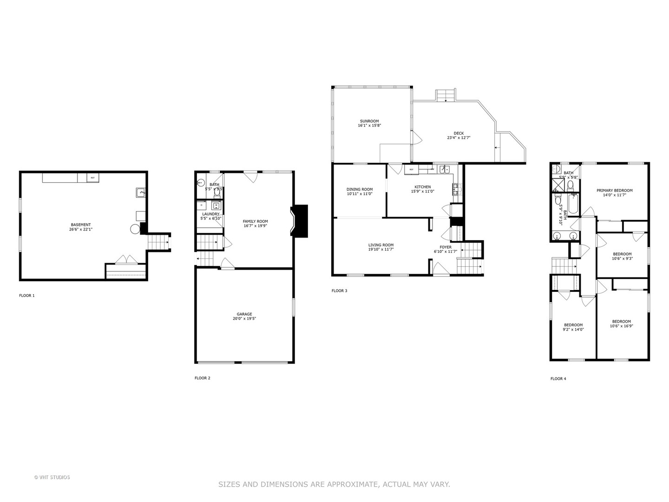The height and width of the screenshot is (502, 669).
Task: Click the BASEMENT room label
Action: (x=80, y=225)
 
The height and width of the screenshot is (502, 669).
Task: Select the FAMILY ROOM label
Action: (x=255, y=221)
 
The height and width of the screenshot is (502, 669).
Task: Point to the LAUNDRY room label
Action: (x=210, y=214)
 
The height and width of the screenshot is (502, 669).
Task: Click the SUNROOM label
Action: (x=369, y=121)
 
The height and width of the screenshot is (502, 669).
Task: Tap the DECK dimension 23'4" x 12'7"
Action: (x=459, y=138)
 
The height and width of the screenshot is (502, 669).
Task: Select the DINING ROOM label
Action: (x=360, y=189)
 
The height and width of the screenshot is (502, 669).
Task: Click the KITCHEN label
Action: (x=422, y=187)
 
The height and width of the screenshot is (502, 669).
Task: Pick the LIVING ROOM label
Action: (x=380, y=245)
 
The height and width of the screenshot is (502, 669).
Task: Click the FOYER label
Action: (x=445, y=247)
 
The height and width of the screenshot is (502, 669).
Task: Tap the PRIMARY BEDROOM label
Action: (x=614, y=190)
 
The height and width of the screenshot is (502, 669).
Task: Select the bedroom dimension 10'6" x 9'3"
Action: (x=622, y=258)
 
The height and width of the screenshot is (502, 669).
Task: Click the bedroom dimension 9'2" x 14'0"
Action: (x=573, y=330)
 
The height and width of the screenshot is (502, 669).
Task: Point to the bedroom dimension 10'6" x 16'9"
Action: (x=621, y=326)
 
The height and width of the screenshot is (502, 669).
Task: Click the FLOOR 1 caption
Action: (x=26, y=296)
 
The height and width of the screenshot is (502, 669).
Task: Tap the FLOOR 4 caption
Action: (x=558, y=379)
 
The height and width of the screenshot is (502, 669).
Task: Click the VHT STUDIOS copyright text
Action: (x=52, y=477)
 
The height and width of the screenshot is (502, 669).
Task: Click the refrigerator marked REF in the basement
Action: (x=92, y=178)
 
